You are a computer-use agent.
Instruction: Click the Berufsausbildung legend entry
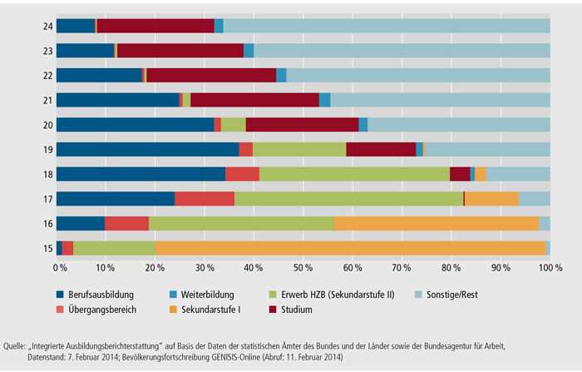(x=100, y=295)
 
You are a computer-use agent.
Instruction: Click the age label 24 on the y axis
(x=48, y=26)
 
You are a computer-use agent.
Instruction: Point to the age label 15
(x=48, y=247)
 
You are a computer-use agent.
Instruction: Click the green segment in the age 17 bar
(x=348, y=198)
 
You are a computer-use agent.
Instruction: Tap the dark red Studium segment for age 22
(x=211, y=75)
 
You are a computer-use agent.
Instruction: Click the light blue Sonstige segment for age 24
(x=387, y=26)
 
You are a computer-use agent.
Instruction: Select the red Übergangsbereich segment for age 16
(x=126, y=223)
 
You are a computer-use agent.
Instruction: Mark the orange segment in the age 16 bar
(x=436, y=223)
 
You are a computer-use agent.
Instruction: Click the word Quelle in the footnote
(x=17, y=345)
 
